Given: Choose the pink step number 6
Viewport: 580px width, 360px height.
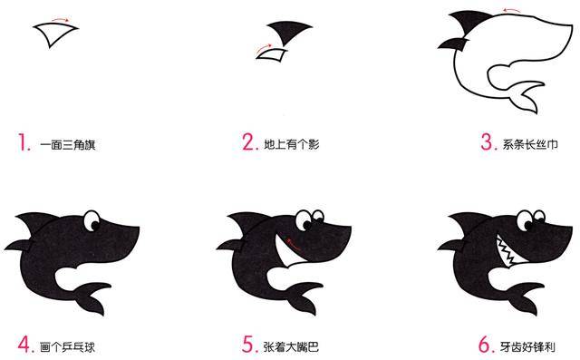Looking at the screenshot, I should click(487, 345).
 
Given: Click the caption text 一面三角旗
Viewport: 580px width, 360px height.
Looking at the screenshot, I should click(70, 143).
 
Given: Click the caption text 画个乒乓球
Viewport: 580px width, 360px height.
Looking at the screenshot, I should click(70, 346).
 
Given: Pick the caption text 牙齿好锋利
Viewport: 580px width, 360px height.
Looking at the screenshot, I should click(529, 346).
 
